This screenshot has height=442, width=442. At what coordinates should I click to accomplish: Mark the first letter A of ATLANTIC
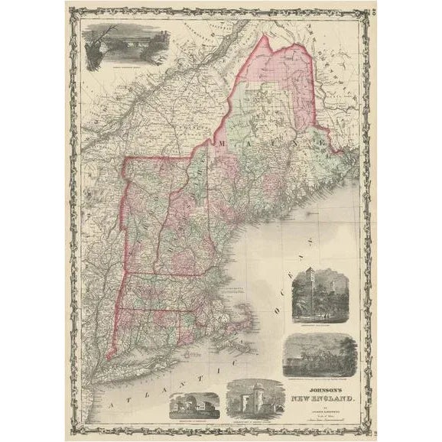coord(116,399)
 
